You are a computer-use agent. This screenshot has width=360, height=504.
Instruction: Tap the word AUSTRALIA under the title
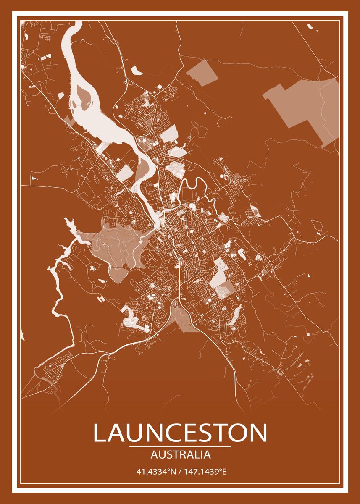point(180,455)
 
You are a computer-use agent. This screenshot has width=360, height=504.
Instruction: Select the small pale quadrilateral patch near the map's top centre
point(202,72)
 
